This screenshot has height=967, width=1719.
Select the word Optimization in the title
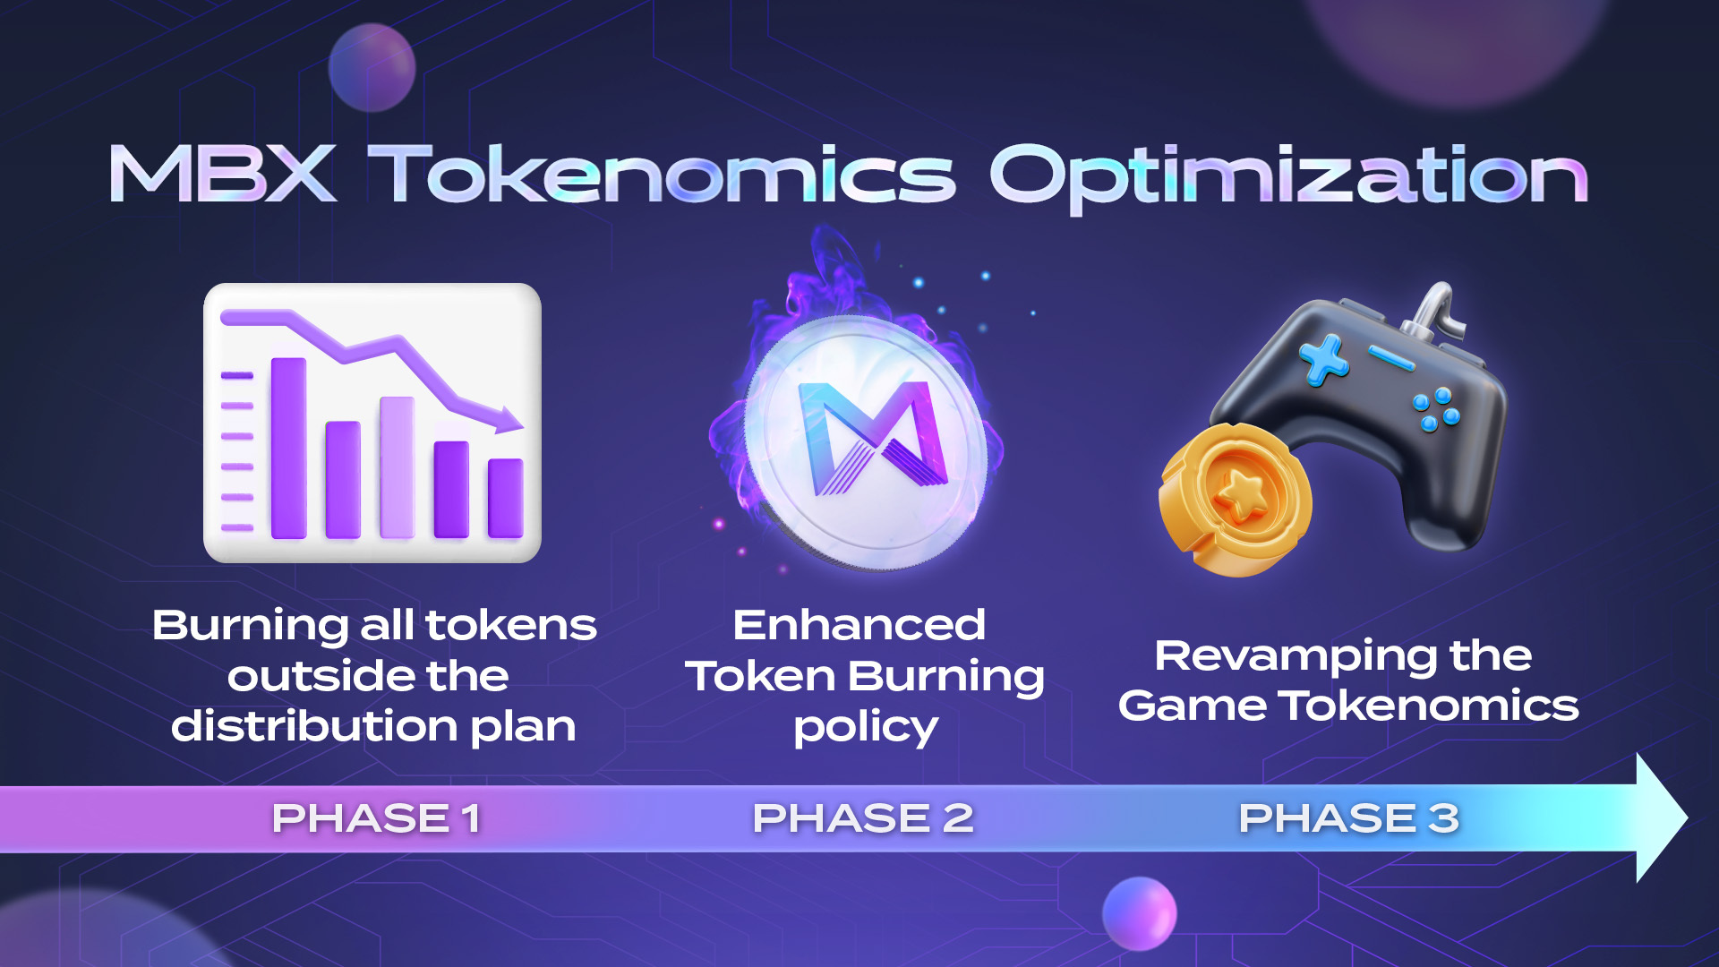[x=1288, y=177]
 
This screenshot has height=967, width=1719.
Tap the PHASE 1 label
[x=376, y=818]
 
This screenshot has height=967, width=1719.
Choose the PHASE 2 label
[x=863, y=818]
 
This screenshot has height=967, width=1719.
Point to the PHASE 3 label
[x=1348, y=818]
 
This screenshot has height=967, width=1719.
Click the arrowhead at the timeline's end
[x=1662, y=817]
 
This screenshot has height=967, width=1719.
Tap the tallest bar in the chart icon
[x=288, y=448]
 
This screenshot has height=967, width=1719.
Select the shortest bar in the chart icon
[x=506, y=499]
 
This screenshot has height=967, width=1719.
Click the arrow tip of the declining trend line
[x=521, y=424]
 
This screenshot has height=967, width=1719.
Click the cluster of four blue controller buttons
[x=1435, y=409]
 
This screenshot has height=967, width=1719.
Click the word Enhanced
[x=859, y=625]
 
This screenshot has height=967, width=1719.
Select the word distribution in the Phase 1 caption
[x=314, y=725]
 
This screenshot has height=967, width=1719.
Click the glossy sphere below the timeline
[x=1139, y=913]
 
